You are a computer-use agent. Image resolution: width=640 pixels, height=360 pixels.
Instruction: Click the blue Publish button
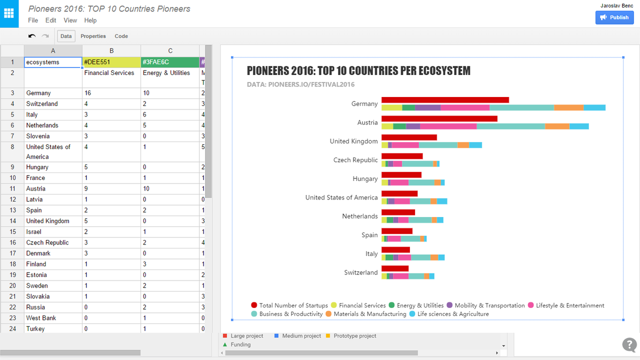(x=614, y=17)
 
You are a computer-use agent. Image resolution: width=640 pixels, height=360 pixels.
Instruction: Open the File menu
(x=33, y=20)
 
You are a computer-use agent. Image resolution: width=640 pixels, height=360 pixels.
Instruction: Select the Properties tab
(x=93, y=36)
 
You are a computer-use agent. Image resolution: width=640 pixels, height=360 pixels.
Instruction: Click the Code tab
(x=121, y=36)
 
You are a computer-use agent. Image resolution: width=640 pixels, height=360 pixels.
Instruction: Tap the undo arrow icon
(x=32, y=36)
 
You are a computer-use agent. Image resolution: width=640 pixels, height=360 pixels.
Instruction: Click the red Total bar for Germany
(x=445, y=100)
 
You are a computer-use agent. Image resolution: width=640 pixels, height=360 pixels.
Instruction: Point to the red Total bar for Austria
(x=439, y=118)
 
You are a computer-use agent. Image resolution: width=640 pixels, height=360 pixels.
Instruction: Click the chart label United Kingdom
(x=353, y=141)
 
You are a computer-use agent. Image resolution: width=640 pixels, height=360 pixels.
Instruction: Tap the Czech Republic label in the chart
(x=355, y=160)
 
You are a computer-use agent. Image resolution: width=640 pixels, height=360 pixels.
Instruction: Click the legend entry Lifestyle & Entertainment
(x=569, y=305)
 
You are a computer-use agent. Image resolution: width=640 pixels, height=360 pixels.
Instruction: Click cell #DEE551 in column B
(x=111, y=62)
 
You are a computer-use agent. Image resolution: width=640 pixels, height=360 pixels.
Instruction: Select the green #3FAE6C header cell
(x=170, y=62)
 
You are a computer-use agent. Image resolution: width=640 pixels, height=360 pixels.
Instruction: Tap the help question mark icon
(x=629, y=344)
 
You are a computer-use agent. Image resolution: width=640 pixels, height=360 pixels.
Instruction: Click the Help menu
(x=90, y=20)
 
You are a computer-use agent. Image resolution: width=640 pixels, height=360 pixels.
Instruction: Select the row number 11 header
(x=12, y=188)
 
